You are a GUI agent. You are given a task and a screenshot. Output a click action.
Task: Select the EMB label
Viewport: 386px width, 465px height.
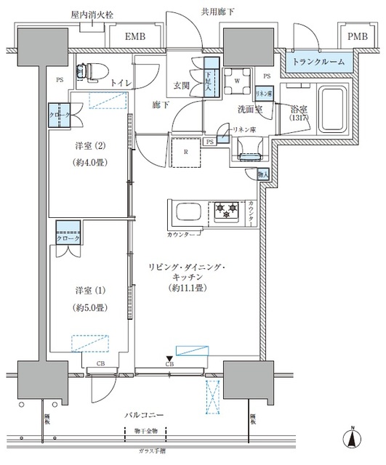tap(137, 36)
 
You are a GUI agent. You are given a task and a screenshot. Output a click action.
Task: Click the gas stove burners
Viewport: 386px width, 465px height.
tap(225, 211)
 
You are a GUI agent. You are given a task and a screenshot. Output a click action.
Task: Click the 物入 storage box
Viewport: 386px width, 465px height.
tap(262, 174)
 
